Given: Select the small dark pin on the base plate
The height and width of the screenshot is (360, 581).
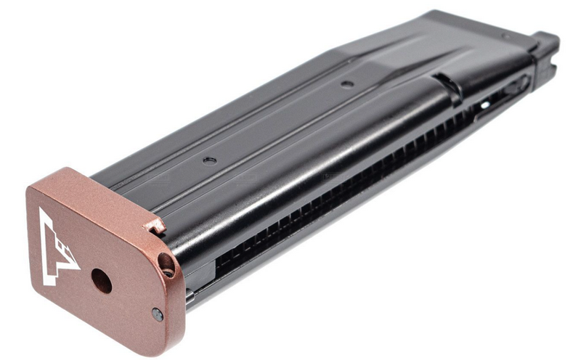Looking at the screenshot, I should coord(157,314).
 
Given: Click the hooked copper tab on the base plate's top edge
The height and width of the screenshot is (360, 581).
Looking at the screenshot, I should coord(154,227).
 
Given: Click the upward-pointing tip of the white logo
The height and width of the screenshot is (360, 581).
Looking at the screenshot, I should coord(42,213).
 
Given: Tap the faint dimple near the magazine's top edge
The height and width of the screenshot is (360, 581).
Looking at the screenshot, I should coord(504,36).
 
